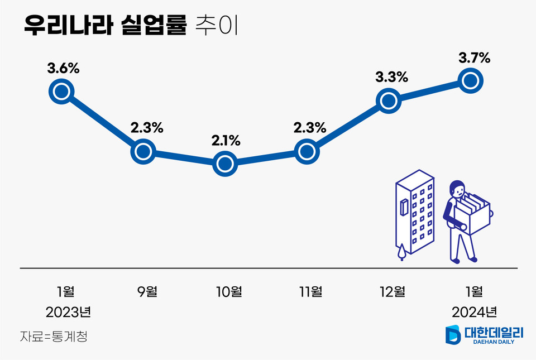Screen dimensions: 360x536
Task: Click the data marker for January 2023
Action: click(61, 91)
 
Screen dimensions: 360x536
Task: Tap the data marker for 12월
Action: click(390, 100)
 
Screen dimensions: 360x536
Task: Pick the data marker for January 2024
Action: click(471, 81)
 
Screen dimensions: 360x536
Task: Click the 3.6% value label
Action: click(63, 69)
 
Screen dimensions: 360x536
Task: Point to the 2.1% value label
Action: click(226, 141)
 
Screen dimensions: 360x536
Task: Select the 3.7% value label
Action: click(474, 57)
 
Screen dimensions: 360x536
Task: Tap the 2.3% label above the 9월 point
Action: click(147, 128)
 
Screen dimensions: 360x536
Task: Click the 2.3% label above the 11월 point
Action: click(309, 128)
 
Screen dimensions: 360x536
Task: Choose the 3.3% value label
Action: click(391, 78)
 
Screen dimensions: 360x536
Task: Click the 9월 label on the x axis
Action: click(147, 291)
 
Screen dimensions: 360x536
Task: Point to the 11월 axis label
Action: click(310, 291)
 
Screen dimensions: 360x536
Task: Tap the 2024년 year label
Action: click(474, 311)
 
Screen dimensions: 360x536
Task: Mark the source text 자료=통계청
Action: click(54, 337)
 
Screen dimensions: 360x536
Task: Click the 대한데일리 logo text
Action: click(494, 333)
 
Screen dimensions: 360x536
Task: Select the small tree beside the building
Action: click(401, 252)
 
